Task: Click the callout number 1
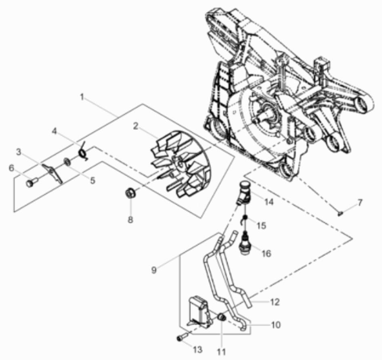point(82,97)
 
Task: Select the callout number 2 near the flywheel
point(136,126)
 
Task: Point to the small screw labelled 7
point(340,214)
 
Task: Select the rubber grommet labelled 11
point(222,318)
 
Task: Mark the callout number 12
point(275,302)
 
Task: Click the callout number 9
point(154,270)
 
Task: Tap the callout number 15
point(261,226)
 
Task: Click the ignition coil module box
point(198,310)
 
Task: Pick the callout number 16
point(267,253)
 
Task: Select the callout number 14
point(269,202)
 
